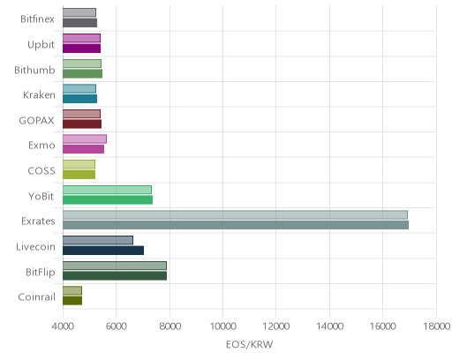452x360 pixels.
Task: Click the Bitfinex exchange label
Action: (x=37, y=19)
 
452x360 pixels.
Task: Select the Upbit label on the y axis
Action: (x=41, y=45)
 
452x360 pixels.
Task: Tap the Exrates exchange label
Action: (x=38, y=221)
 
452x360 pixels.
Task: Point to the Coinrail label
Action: (x=37, y=297)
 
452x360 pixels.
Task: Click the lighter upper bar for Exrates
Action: (x=235, y=215)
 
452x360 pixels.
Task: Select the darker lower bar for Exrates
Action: (x=236, y=225)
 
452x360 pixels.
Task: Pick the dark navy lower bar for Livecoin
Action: (x=103, y=251)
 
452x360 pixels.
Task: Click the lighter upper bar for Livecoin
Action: (x=98, y=240)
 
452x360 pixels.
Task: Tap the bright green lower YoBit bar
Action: (x=108, y=200)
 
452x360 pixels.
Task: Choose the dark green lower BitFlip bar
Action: (x=115, y=276)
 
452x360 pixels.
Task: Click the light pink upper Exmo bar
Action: (x=85, y=139)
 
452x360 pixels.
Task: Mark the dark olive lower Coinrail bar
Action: (x=72, y=301)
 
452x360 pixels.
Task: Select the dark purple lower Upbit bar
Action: (x=82, y=49)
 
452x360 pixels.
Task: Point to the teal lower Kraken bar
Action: (x=80, y=99)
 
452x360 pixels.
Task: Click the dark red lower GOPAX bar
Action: (x=82, y=124)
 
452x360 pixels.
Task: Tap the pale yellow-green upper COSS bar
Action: (x=79, y=164)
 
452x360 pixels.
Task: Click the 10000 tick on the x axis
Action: (x=222, y=326)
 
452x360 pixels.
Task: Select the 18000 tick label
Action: (x=437, y=326)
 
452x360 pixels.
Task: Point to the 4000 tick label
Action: (x=63, y=326)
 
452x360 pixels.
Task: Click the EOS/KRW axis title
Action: (x=249, y=344)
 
